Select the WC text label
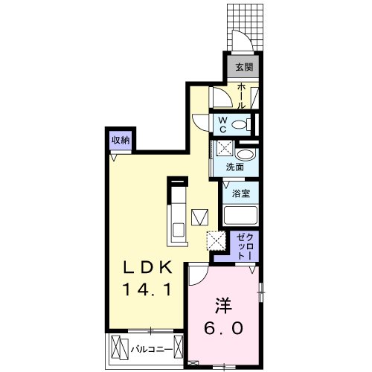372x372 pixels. (x=222, y=123)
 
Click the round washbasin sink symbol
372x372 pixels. (x=248, y=154)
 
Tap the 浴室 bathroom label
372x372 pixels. (x=240, y=192)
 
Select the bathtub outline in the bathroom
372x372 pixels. (x=240, y=216)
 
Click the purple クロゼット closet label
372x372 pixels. (x=245, y=246)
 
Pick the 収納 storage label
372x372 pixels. (x=121, y=139)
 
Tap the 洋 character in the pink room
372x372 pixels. (x=222, y=304)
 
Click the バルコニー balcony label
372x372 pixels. (x=153, y=348)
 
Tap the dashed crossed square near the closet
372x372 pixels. (x=217, y=240)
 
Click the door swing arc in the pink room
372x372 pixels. (x=198, y=275)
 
